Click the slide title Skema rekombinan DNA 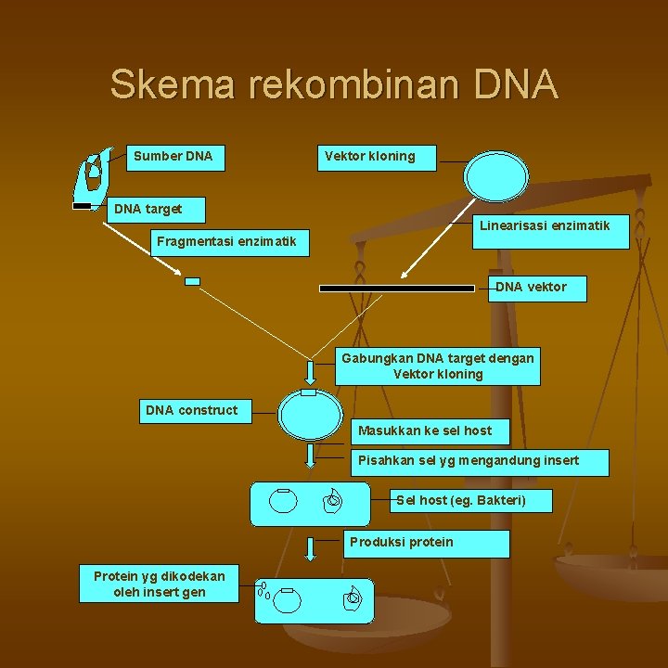[x=334, y=84]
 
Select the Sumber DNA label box [x=173, y=156]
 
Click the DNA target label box [x=155, y=209]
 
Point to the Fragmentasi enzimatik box [x=227, y=242]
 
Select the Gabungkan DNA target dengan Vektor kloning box [x=438, y=366]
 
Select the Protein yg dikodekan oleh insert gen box [x=158, y=584]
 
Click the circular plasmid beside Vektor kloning [x=496, y=176]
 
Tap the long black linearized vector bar [x=397, y=289]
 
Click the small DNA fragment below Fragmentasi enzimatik [x=192, y=281]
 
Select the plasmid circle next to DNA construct [x=311, y=414]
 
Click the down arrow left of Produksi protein [x=311, y=546]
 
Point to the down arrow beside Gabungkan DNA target [x=311, y=371]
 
